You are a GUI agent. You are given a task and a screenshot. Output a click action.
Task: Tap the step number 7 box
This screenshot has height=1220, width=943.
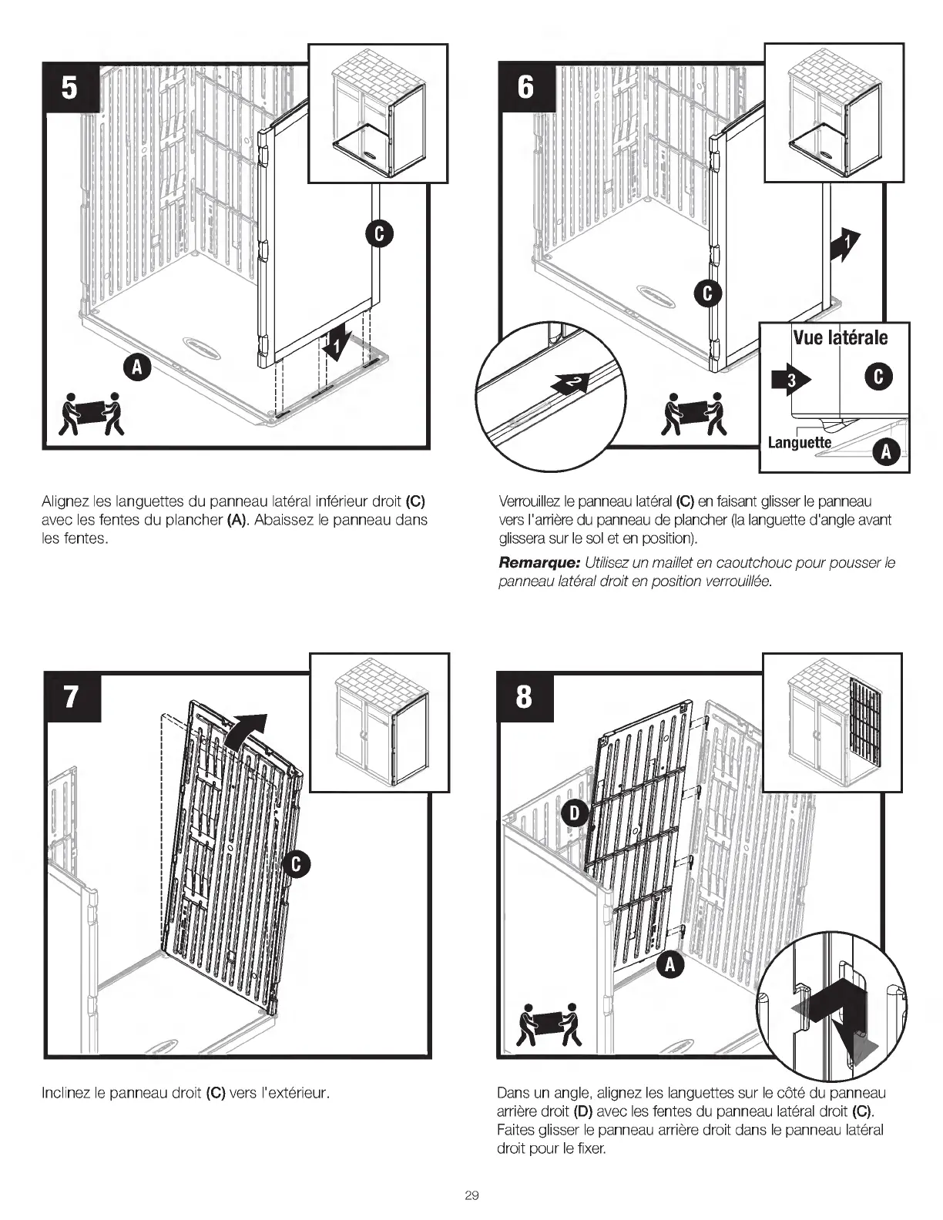(71, 696)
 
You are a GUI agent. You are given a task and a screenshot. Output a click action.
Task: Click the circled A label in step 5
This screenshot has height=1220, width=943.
(136, 369)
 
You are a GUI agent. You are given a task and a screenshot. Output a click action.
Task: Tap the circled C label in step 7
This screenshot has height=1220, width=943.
(297, 866)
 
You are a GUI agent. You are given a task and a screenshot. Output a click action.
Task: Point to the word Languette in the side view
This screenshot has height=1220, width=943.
(799, 442)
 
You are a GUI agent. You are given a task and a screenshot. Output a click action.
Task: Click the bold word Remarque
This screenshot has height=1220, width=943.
(539, 563)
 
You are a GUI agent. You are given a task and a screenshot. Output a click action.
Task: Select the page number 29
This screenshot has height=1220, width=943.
(471, 1195)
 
